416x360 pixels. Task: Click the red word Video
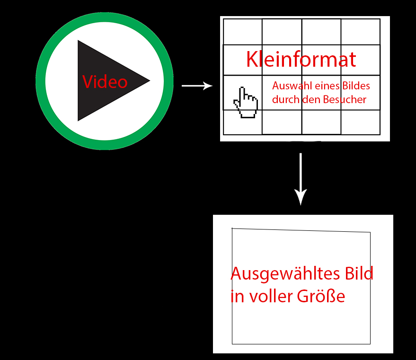click(x=105, y=82)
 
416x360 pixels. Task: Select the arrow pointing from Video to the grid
click(x=197, y=86)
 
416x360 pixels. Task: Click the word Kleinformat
click(x=301, y=60)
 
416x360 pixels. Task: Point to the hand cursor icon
click(x=246, y=102)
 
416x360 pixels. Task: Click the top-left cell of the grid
click(x=242, y=32)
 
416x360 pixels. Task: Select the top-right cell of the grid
click(x=360, y=32)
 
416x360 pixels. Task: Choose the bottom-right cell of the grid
click(x=360, y=122)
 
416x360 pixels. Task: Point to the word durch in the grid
click(x=283, y=100)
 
